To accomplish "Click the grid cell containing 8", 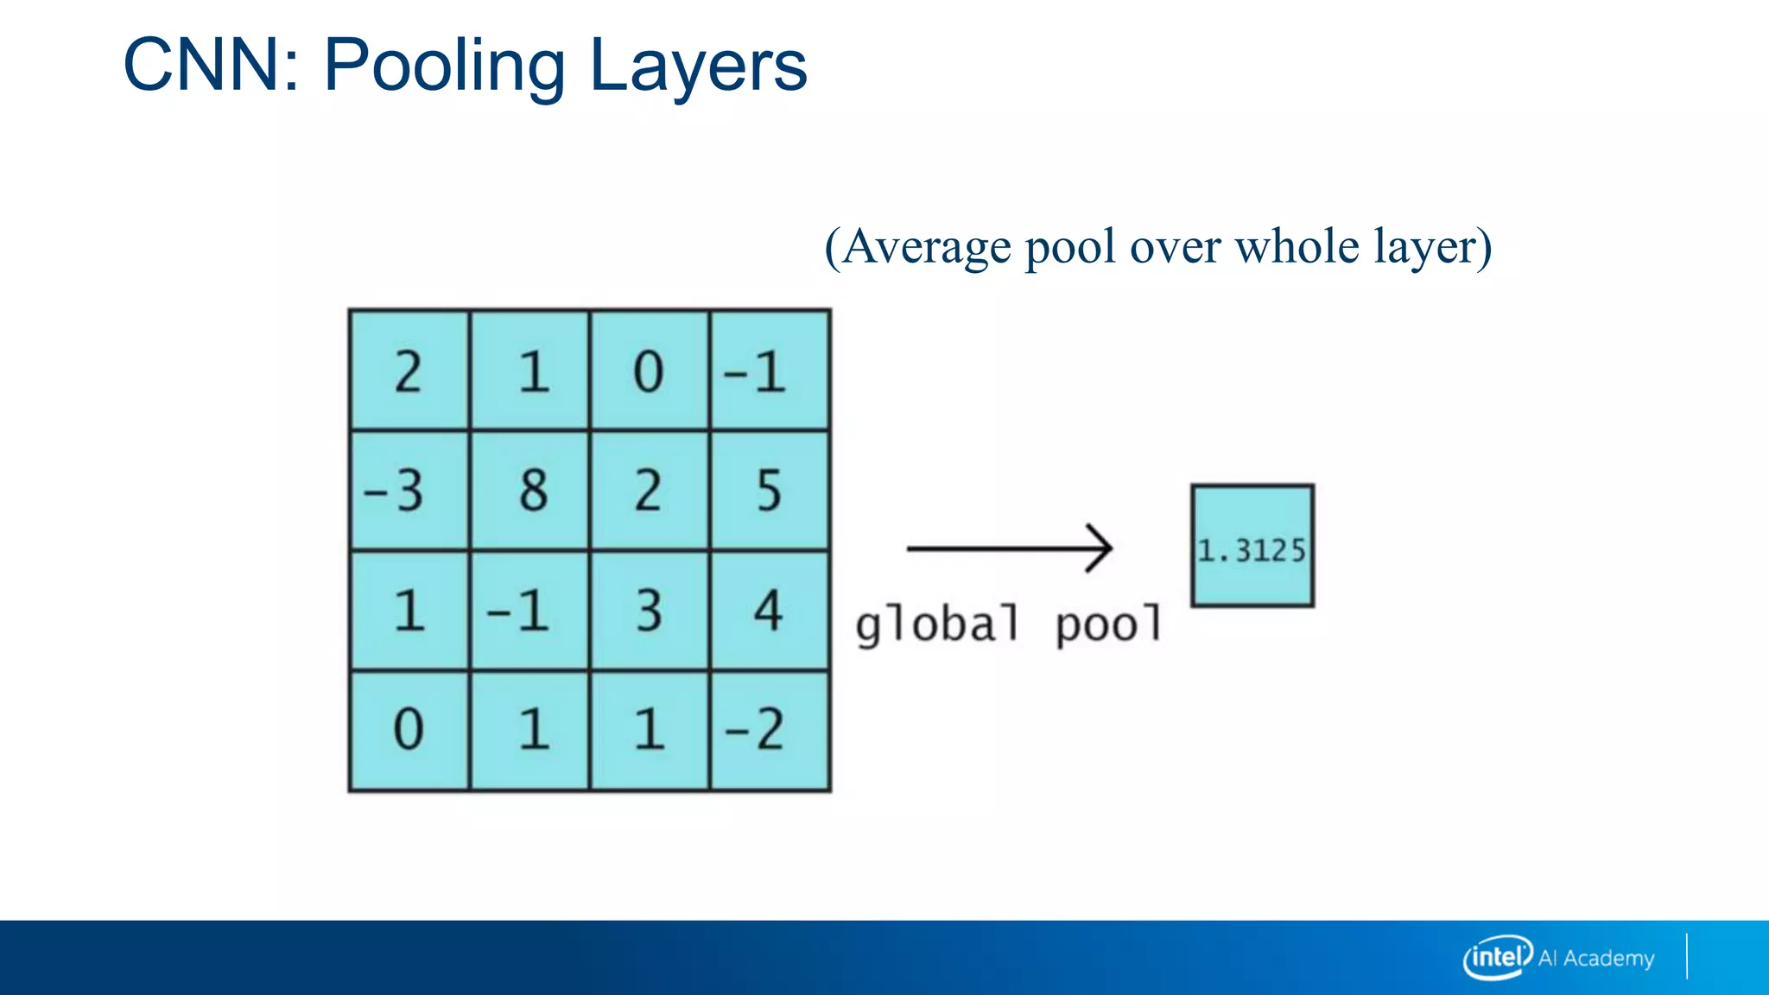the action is [x=530, y=490].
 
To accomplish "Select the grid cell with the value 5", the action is [x=770, y=490].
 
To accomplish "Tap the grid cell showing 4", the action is [x=770, y=611].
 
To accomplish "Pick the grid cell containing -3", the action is [x=410, y=490].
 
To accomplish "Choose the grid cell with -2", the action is [x=770, y=730].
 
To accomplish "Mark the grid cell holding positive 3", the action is [x=650, y=611].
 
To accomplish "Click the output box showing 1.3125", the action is [x=1252, y=546].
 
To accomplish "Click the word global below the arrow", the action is [x=937, y=624].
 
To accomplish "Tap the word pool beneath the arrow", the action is [x=1109, y=624].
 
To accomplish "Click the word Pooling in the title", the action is [x=444, y=67].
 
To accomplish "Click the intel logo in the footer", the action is [x=1497, y=957].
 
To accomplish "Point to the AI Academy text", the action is [x=1596, y=958].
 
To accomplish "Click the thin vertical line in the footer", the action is [x=1686, y=956].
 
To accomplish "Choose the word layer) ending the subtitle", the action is [x=1433, y=248].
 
